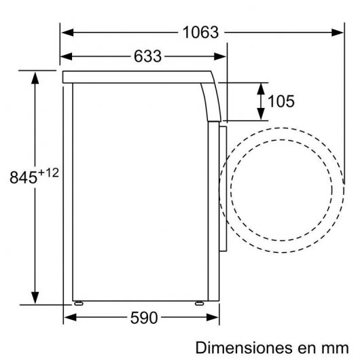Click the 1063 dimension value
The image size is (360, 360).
tap(200, 32)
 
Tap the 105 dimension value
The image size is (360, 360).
tap(281, 102)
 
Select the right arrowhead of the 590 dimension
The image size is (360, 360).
tap(218, 317)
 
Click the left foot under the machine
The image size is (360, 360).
tap(78, 303)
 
